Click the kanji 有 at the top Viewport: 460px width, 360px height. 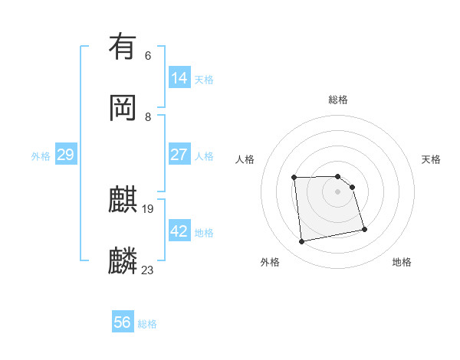pyautogui.click(x=123, y=47)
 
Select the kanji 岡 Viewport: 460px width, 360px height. pyautogui.click(x=123, y=108)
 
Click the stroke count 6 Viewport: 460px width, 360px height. pyautogui.click(x=148, y=55)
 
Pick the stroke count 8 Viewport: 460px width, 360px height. pyautogui.click(x=148, y=116)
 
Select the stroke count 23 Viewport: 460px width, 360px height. pyautogui.click(x=148, y=270)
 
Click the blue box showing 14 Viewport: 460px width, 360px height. pyautogui.click(x=179, y=78)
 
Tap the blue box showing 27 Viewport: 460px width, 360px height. pyautogui.click(x=179, y=155)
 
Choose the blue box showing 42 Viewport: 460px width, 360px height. pyautogui.click(x=179, y=231)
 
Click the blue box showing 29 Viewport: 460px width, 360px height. pyautogui.click(x=65, y=155)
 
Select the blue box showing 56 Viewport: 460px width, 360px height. pyautogui.click(x=123, y=322)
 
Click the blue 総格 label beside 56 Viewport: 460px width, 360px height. pyautogui.click(x=147, y=324)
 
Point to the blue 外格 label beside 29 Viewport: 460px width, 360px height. pyautogui.click(x=41, y=156)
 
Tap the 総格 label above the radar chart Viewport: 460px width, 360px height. pyautogui.click(x=338, y=100)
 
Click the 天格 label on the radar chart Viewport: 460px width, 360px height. pyautogui.click(x=431, y=159)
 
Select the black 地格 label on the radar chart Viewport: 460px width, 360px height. pyautogui.click(x=402, y=262)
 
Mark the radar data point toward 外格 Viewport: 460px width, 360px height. pyautogui.click(x=302, y=242)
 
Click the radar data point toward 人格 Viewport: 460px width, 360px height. pyautogui.click(x=294, y=178)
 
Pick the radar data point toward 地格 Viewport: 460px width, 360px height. pyautogui.click(x=364, y=229)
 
